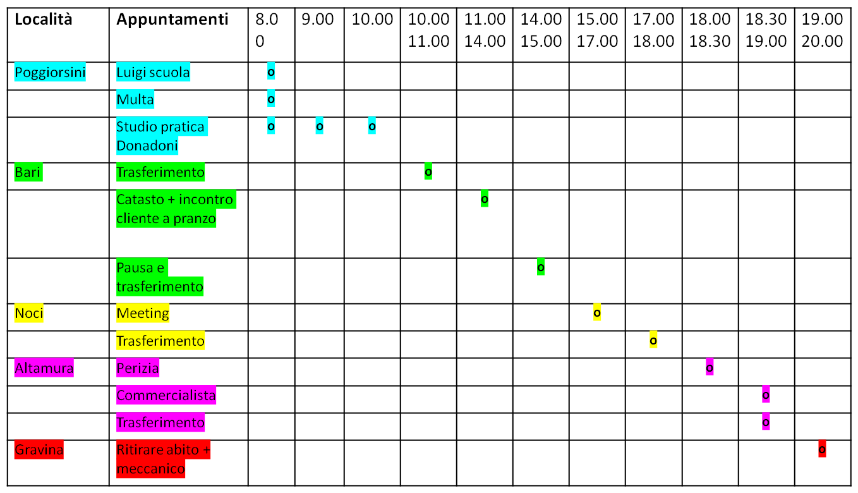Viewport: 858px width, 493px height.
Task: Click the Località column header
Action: (44, 19)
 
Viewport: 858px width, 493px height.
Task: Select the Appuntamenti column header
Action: (172, 19)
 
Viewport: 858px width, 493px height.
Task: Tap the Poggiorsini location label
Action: (50, 71)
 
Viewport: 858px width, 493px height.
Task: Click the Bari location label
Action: (28, 172)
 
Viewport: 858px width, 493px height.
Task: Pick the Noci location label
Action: (28, 313)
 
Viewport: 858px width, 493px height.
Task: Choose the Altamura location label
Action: (44, 368)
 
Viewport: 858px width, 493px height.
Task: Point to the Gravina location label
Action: (39, 449)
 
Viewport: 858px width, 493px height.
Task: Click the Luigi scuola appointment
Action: (153, 71)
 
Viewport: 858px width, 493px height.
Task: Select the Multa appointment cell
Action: (135, 99)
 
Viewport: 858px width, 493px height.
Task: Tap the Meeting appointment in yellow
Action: (143, 313)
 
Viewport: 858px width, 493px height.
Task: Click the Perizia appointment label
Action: (138, 368)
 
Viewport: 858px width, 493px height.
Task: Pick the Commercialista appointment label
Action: (166, 395)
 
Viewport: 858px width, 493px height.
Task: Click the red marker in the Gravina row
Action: (822, 449)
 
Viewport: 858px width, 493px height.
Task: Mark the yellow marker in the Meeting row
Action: (597, 313)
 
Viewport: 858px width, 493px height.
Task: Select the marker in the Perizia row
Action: (710, 367)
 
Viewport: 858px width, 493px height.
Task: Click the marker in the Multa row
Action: (271, 99)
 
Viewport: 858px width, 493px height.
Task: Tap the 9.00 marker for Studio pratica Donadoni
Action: (320, 126)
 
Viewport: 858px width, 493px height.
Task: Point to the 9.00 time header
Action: (318, 19)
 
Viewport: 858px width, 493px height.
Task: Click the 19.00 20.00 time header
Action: (823, 30)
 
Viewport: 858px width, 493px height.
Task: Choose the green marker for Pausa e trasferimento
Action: (540, 267)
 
